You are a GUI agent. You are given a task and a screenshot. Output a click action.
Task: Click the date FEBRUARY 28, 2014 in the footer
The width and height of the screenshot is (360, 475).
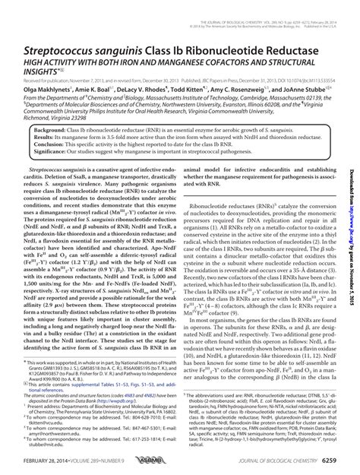(52, 465)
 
